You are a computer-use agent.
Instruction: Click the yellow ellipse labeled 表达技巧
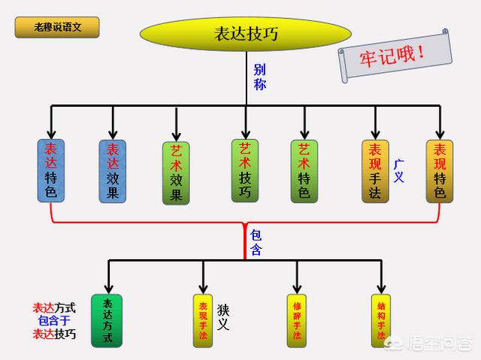point(246,34)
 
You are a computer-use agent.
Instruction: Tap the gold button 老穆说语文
point(57,27)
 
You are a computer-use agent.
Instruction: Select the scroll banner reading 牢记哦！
point(395,56)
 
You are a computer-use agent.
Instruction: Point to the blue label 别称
point(259,77)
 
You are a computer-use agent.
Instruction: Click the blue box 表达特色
point(51,171)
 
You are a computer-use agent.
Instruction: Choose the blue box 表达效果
point(113,171)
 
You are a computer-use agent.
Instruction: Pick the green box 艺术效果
point(176,174)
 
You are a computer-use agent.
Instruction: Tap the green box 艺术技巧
point(245,171)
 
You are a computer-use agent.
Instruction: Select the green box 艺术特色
point(304,171)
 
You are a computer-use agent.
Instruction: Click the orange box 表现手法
point(375,171)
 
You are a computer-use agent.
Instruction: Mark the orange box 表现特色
point(440,171)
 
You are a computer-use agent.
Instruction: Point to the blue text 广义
point(399,171)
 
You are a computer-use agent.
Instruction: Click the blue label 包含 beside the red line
point(256,243)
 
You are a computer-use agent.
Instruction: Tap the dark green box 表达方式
point(107,321)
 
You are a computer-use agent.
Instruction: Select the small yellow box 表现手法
point(203,321)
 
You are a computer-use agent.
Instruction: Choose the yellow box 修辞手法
point(297,321)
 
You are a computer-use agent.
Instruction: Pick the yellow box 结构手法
point(381,321)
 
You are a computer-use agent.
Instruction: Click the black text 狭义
point(223,317)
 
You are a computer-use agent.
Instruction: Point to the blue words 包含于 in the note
point(54,321)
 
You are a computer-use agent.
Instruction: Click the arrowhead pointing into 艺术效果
point(177,137)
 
